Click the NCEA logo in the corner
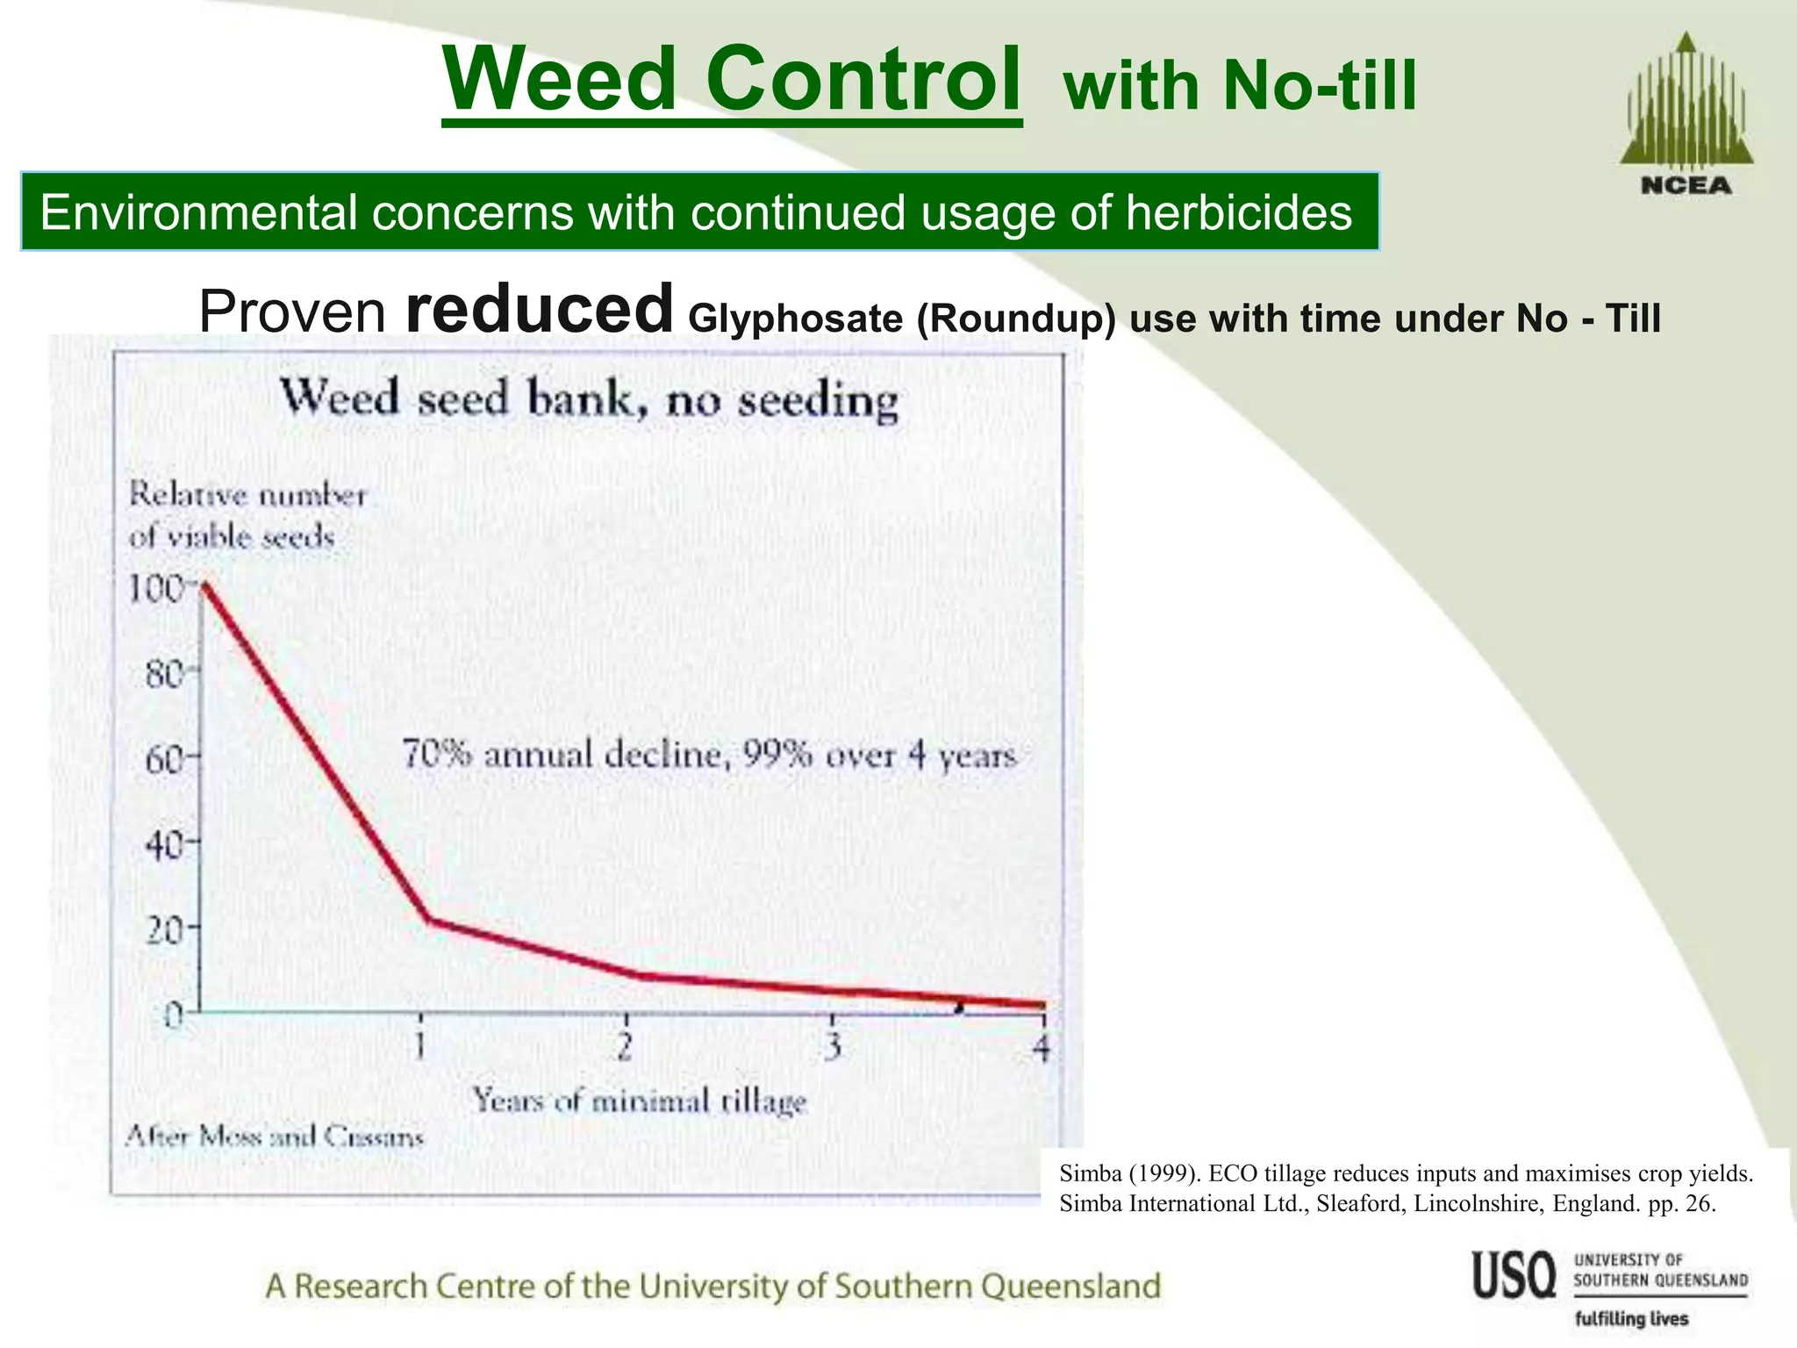click(1686, 114)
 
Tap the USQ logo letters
click(1514, 1276)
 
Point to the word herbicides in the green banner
click(1239, 212)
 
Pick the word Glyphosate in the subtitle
click(795, 319)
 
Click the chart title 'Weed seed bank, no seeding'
click(589, 400)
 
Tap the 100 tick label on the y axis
click(154, 589)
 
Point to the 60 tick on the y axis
click(165, 758)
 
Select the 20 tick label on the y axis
click(165, 929)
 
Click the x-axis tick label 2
click(625, 1046)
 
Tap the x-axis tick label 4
click(1041, 1048)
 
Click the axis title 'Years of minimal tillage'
click(639, 1101)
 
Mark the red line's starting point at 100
click(204, 584)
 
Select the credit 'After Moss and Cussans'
click(274, 1137)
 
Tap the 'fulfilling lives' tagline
click(1631, 1319)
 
